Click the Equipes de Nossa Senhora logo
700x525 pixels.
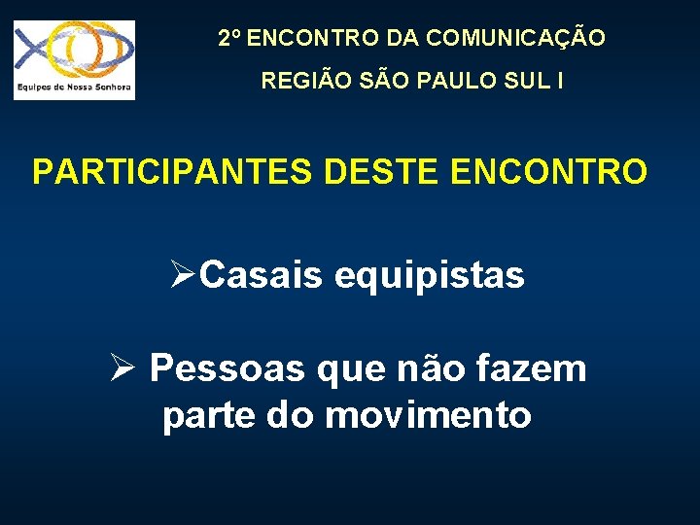coord(74,60)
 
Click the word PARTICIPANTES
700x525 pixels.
coord(173,171)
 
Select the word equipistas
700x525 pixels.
coord(430,276)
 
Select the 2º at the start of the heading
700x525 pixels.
coord(229,39)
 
